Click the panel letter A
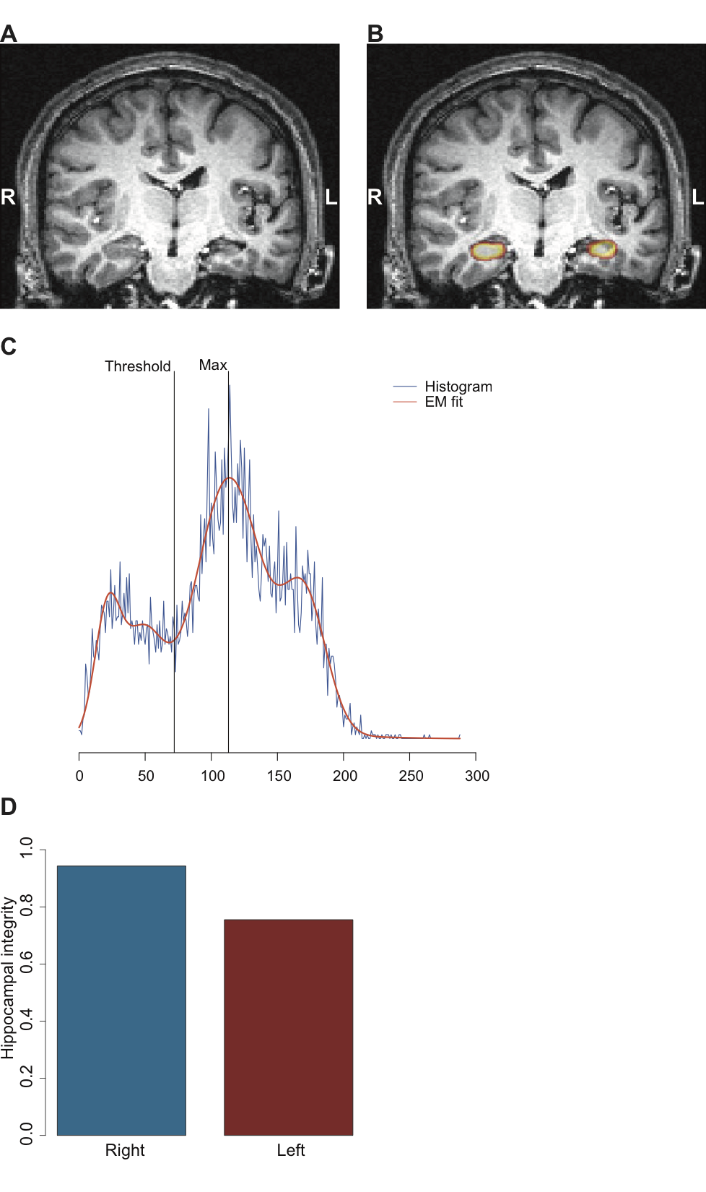tap(9, 34)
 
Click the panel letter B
tap(375, 34)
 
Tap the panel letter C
tap(9, 347)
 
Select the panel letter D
tap(9, 807)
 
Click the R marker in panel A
tap(8, 196)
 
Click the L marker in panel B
tap(697, 196)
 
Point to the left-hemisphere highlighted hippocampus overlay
tap(601, 249)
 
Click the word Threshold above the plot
tap(138, 366)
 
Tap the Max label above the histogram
tap(213, 365)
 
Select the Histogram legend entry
tap(458, 386)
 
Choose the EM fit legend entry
tap(443, 402)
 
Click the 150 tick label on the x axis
tap(279, 776)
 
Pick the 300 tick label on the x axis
tap(477, 776)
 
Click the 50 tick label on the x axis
tap(146, 776)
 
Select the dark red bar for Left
tap(288, 1027)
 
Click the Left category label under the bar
tap(290, 1150)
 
